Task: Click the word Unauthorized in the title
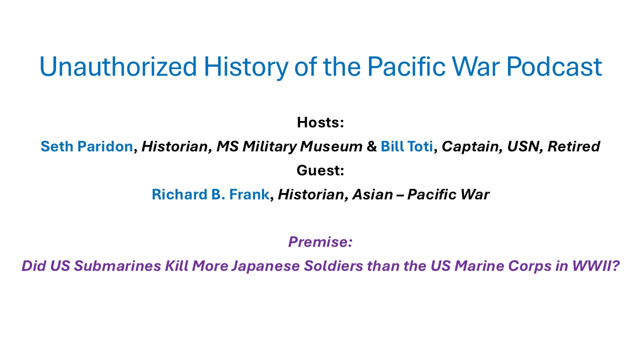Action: tap(118, 66)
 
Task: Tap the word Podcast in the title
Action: tap(554, 66)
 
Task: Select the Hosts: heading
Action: tap(320, 122)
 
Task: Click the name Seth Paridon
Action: tap(87, 146)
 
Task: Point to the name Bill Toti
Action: tap(407, 146)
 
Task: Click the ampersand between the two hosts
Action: tap(371, 146)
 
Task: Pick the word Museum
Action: tap(331, 146)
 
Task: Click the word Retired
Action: tap(573, 146)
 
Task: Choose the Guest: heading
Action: tap(320, 170)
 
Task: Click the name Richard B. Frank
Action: tap(210, 194)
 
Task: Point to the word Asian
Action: tap(372, 194)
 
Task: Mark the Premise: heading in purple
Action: tap(320, 241)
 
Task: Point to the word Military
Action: tap(269, 146)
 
